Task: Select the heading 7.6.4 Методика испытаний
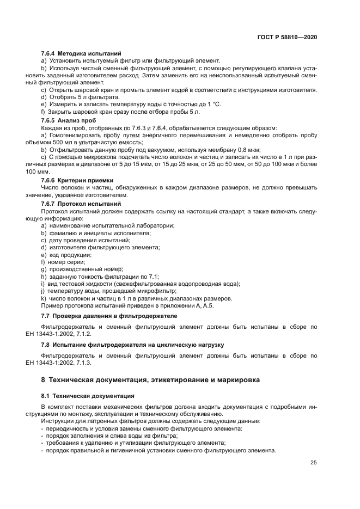(x=81, y=54)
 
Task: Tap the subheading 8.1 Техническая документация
(x=88, y=396)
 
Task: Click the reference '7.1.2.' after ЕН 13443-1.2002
(x=82, y=333)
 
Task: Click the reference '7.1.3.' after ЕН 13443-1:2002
(x=82, y=363)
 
